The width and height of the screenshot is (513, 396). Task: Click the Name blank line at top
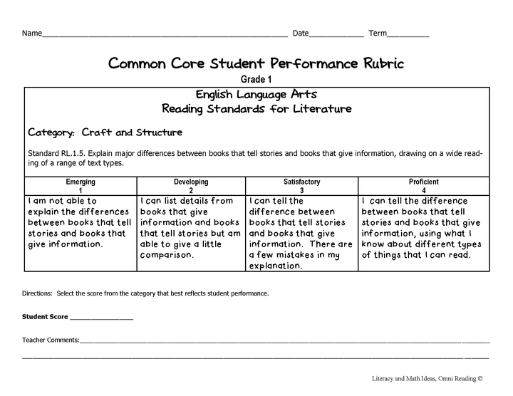point(164,35)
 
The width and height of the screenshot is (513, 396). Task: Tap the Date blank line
point(336,35)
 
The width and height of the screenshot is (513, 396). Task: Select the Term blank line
point(408,35)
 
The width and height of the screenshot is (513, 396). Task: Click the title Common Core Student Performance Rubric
point(256,63)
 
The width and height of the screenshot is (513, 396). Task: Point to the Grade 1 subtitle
point(256,79)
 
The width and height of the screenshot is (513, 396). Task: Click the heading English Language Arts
point(256,95)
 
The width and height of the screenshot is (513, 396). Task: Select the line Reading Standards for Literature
point(256,109)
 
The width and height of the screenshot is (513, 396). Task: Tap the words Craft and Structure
point(132,132)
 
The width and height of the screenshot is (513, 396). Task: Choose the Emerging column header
point(81,182)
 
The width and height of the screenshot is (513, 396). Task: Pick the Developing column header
point(191,182)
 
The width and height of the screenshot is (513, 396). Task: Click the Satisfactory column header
point(301,182)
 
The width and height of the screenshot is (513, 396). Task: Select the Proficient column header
point(423,182)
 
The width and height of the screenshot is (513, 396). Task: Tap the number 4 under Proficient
point(423,191)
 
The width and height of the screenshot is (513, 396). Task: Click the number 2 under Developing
point(191,191)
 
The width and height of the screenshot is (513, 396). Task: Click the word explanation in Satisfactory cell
point(276,266)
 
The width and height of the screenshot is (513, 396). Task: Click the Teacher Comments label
point(51,340)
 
